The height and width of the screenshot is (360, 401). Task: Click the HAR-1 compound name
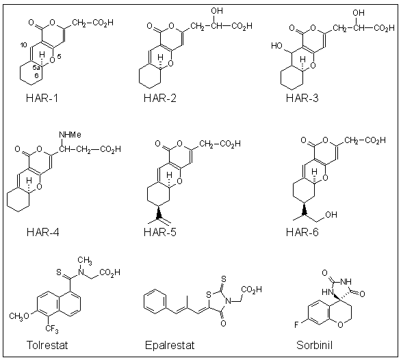coord(42,98)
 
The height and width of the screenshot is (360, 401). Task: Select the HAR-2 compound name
coord(160,98)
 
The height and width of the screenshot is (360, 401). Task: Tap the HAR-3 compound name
coord(302,98)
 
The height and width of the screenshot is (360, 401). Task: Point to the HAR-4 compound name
coord(42,232)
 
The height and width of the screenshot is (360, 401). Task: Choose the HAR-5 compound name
coord(160,232)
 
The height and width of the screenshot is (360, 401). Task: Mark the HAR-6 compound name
coord(302,232)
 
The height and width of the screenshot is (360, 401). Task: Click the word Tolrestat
coord(47,345)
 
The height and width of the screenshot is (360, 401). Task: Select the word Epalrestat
coord(170,346)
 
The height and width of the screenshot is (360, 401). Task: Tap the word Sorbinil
coord(314,345)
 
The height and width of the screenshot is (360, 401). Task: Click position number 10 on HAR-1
coord(23,45)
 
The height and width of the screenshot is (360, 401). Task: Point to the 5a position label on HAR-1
coord(36,68)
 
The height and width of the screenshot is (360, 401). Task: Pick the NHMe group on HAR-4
coord(70,135)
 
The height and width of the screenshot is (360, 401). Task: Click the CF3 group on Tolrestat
coord(52,329)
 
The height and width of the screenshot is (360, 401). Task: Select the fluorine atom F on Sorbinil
coord(296,325)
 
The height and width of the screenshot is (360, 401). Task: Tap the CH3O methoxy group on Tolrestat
coord(19,316)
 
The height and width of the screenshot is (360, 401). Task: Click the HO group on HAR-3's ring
coord(276,46)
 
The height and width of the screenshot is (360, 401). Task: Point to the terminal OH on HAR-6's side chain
coord(331,214)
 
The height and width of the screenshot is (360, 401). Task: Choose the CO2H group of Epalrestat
coord(251,290)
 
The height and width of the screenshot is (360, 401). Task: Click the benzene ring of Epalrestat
coord(155,302)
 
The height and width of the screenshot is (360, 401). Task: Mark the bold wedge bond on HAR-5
coord(159,212)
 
